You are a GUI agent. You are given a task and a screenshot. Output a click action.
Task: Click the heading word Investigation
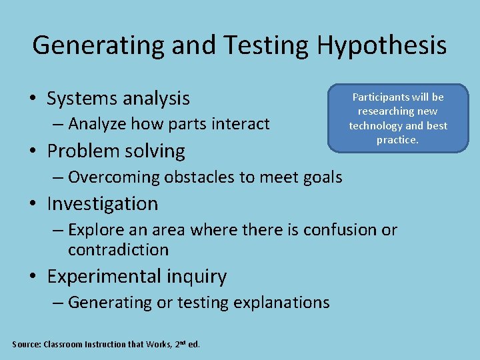tap(103, 203)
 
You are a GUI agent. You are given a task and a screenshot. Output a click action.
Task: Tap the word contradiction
tap(118, 251)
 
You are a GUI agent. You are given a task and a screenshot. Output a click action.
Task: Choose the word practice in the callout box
tap(397, 140)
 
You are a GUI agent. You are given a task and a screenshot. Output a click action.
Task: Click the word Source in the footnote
tap(25, 345)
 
